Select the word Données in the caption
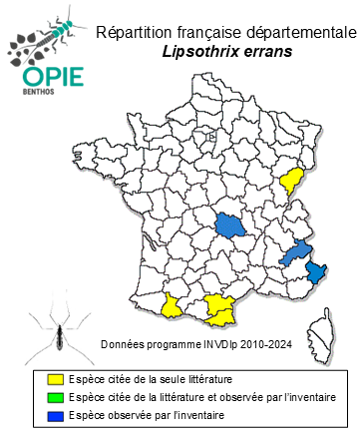[x=124, y=344]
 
